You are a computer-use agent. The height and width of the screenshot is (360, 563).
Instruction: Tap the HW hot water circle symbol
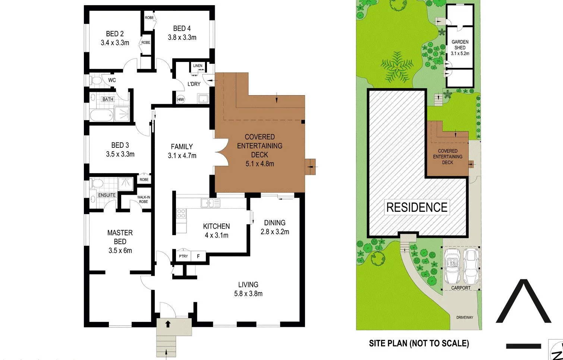[x=180, y=99]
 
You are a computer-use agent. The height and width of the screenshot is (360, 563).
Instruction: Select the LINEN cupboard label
[x=198, y=66]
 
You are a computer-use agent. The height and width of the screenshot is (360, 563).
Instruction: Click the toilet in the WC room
[x=97, y=80]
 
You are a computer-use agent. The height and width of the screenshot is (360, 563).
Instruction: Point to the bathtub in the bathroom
[x=101, y=115]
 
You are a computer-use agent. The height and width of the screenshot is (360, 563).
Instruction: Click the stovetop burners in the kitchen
[x=181, y=213]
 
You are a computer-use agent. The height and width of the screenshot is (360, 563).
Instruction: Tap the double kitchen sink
[x=210, y=203]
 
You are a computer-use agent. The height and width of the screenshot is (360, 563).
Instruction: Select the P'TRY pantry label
[x=183, y=256]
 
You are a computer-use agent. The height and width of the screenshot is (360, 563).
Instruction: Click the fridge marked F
[x=198, y=256]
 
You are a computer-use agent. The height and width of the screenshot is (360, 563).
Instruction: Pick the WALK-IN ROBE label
[x=144, y=200]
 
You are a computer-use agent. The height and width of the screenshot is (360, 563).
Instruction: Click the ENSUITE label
[x=107, y=195]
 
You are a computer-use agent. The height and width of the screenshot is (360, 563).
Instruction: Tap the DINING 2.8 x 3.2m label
[x=275, y=227]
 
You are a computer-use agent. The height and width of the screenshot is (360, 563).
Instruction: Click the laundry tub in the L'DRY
[x=203, y=99]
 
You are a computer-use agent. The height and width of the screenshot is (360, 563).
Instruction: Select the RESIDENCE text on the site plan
[x=416, y=207]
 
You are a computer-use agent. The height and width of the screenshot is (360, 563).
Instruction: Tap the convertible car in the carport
[x=453, y=266]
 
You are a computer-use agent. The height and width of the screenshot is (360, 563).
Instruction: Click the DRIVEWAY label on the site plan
[x=465, y=317]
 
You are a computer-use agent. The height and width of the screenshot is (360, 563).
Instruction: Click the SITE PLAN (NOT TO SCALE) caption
[x=419, y=343]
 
